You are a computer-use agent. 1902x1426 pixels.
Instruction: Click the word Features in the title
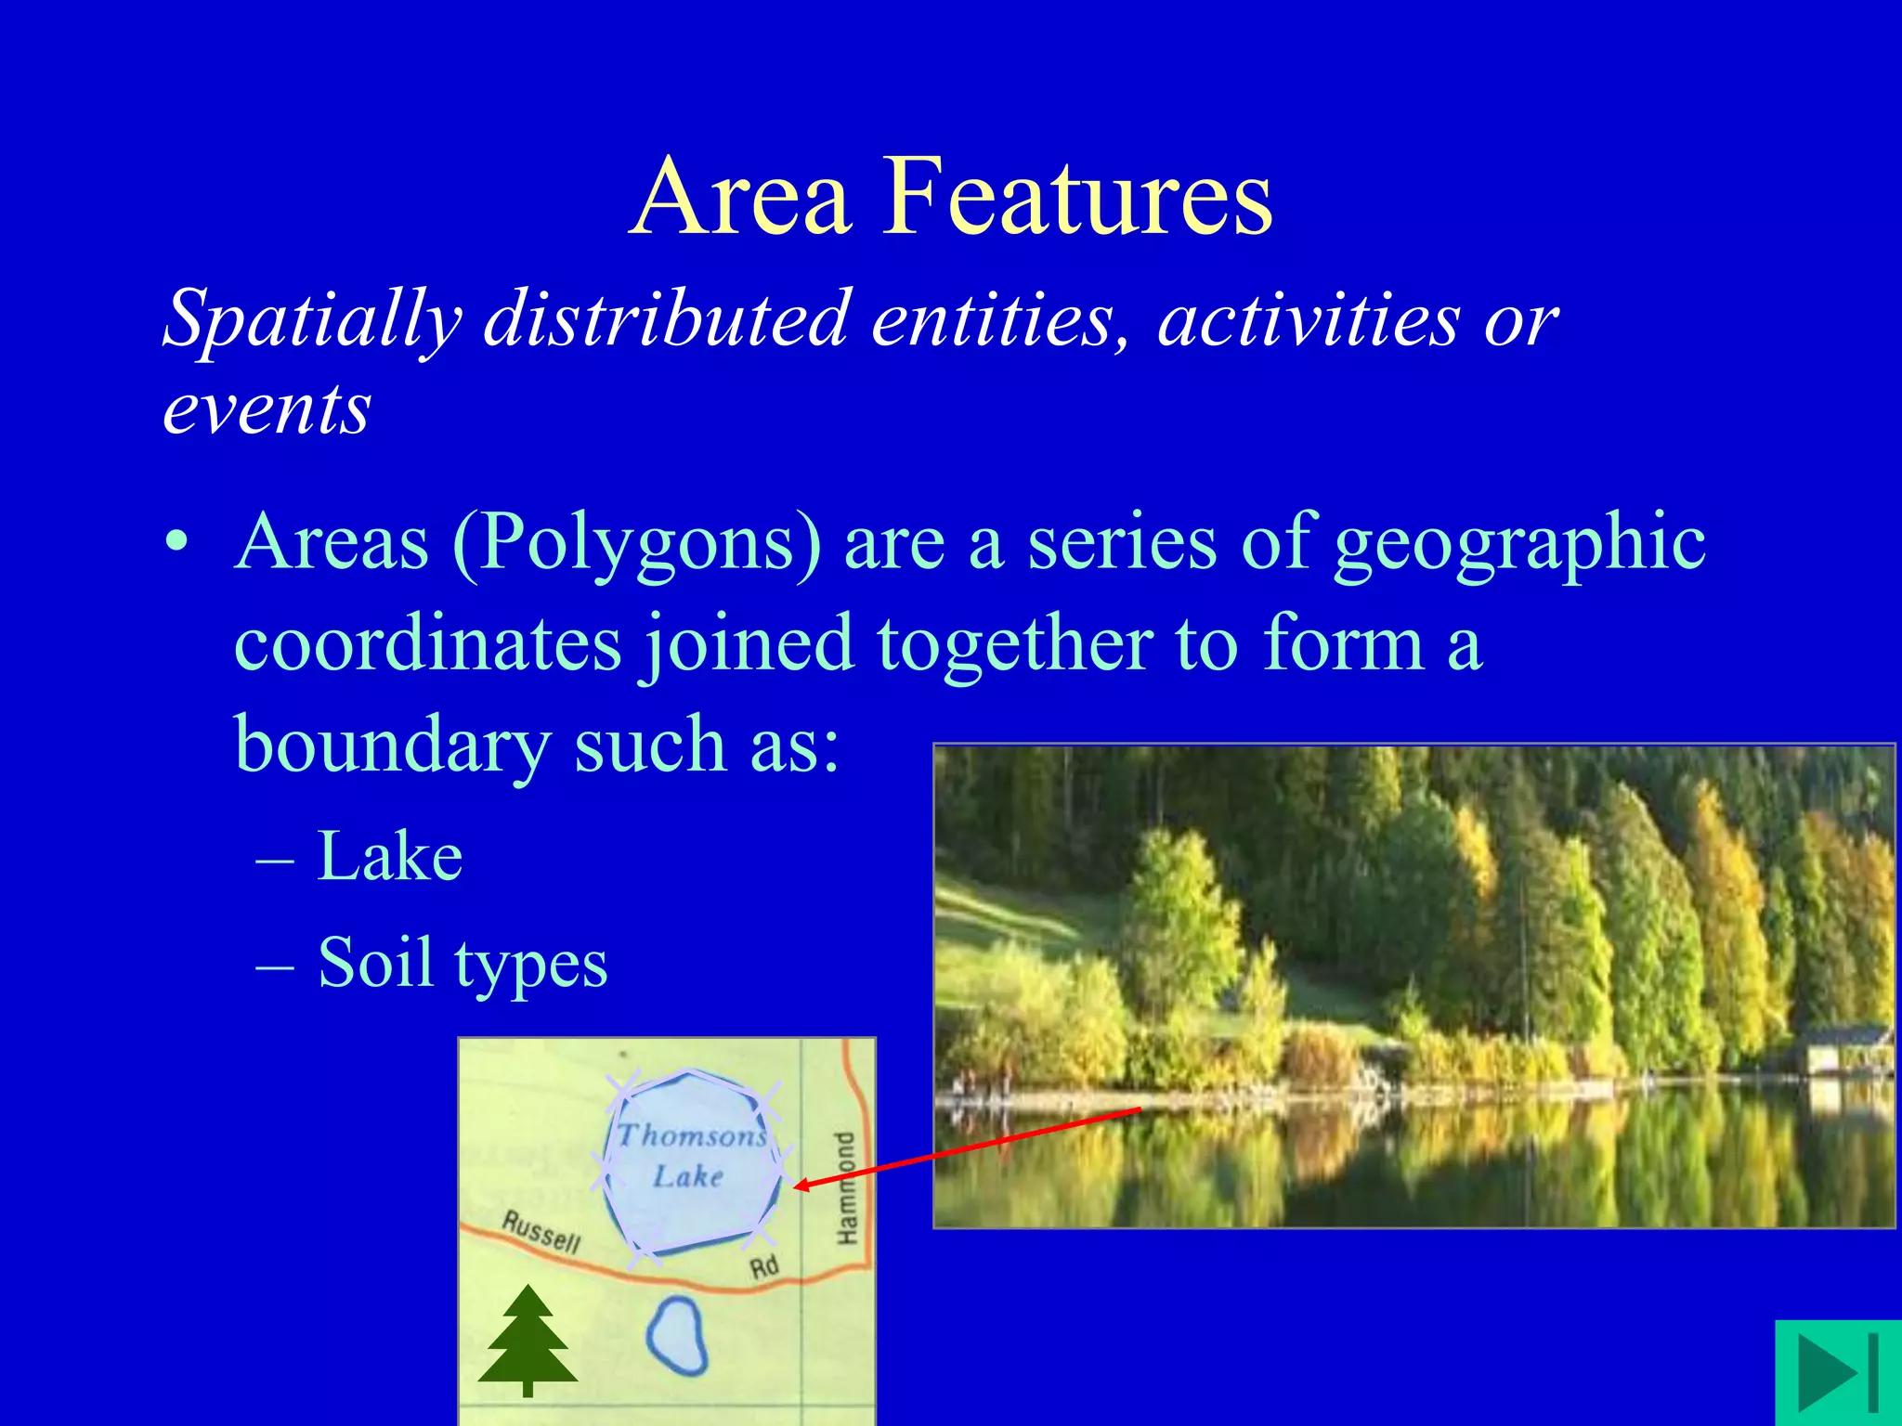[1077, 197]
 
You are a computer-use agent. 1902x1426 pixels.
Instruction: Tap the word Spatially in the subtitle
[312, 320]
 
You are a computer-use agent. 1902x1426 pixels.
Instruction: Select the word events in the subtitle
[267, 408]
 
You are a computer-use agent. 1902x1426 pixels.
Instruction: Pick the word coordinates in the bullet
[428, 644]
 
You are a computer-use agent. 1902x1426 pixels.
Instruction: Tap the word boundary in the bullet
[391, 745]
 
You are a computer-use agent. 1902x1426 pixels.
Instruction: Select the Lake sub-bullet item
[390, 856]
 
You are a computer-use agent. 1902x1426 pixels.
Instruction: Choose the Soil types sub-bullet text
[462, 963]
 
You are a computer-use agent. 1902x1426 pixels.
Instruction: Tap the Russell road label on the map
[541, 1232]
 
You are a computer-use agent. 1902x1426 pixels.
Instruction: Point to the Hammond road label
[844, 1188]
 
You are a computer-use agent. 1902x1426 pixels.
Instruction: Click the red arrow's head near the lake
[801, 1186]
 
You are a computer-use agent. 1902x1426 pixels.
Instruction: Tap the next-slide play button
[1837, 1372]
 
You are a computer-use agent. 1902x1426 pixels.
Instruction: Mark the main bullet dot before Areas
[176, 544]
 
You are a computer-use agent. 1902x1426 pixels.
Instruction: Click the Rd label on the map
[763, 1266]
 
